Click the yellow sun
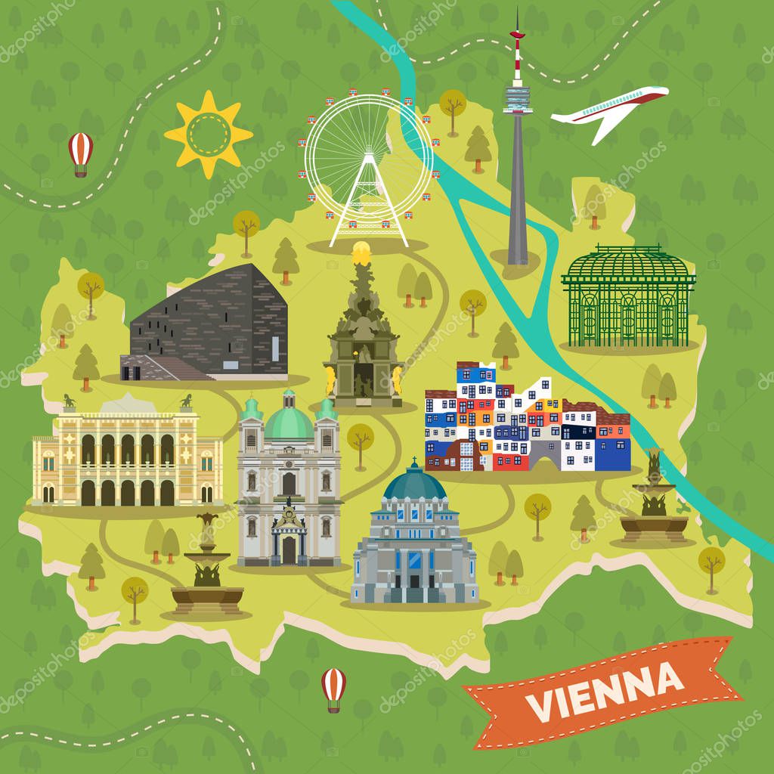point(208,135)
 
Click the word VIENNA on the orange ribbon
point(605,691)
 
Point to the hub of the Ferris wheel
point(368,155)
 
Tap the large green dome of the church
point(289,422)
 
